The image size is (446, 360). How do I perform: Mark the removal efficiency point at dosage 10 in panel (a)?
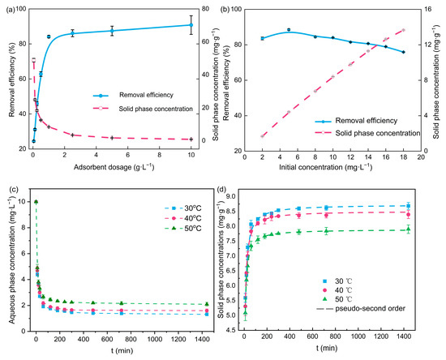tap(191, 24)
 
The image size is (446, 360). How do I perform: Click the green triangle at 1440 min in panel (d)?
tap(408, 229)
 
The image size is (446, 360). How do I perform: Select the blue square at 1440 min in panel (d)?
tap(408, 206)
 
